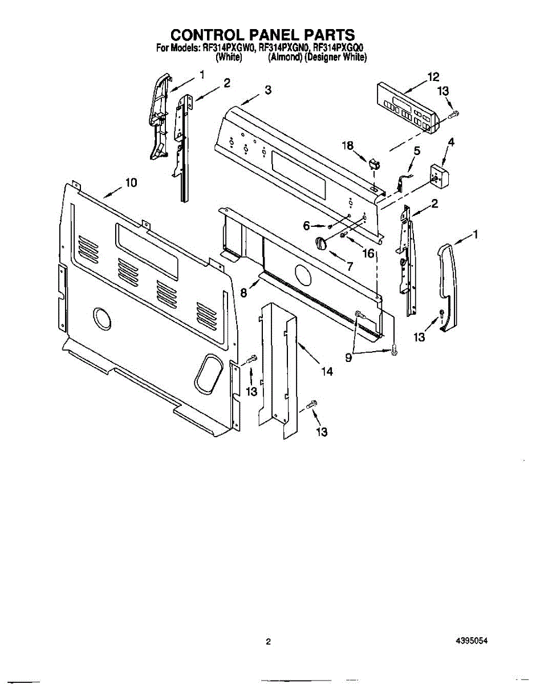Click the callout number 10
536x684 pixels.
pos(131,182)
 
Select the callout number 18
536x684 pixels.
pos(348,146)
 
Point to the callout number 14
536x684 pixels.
pos(327,372)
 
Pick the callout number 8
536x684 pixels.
pos(243,293)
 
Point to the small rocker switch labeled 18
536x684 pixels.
pos(373,164)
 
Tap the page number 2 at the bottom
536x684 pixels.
pos(268,642)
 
